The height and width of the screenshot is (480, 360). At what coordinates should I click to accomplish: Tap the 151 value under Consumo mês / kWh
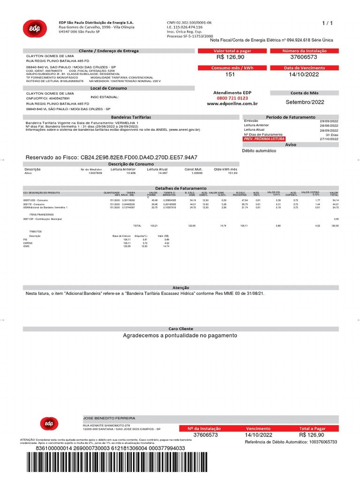(230, 75)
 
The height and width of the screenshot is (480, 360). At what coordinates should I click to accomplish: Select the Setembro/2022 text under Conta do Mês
(305, 102)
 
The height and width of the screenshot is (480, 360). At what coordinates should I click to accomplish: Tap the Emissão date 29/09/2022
(329, 121)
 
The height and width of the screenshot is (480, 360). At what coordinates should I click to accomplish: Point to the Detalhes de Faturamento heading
(180, 188)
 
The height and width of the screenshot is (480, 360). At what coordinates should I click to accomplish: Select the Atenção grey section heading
(180, 287)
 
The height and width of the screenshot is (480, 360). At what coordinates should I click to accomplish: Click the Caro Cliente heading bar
(180, 329)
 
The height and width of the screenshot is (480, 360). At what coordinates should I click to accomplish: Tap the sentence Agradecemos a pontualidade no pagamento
(180, 336)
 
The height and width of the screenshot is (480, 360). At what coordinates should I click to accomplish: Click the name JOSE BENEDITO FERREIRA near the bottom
(109, 418)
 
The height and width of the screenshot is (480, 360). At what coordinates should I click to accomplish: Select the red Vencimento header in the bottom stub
(258, 428)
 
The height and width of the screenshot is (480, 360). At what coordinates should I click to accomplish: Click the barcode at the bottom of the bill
(180, 466)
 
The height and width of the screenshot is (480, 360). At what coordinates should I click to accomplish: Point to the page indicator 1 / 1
(327, 22)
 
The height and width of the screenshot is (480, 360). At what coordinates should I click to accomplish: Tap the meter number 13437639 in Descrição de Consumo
(95, 173)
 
